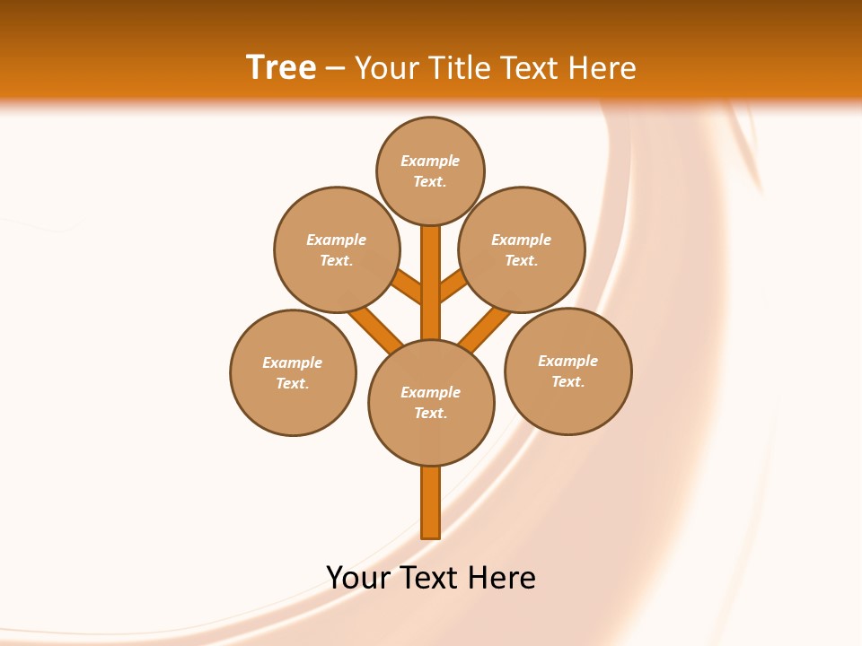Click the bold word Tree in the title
281,67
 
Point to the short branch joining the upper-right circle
453,285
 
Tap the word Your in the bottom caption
357,578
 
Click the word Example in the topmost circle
430,161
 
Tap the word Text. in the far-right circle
567,381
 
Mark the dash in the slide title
335,69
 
